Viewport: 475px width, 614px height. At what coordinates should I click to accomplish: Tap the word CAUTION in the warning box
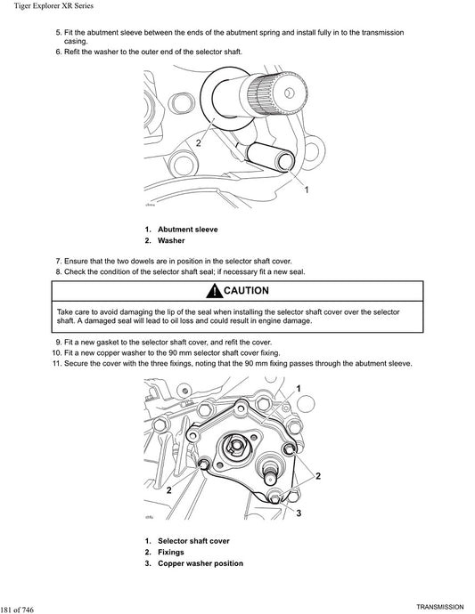click(245, 292)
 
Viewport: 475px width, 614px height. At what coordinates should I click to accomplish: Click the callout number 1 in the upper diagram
click(307, 190)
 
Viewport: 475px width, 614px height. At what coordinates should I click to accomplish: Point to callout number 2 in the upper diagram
click(198, 141)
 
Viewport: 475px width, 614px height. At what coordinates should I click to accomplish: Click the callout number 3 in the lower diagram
click(299, 513)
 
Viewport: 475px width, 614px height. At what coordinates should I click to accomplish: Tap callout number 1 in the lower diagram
click(298, 387)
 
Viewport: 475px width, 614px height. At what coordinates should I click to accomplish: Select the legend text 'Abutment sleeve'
click(187, 229)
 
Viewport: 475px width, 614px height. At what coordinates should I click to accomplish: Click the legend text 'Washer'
click(171, 241)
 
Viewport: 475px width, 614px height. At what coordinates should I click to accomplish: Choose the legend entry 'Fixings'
click(172, 553)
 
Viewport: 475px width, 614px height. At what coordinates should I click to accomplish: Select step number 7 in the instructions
click(58, 262)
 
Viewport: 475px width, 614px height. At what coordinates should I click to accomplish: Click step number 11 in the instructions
click(55, 363)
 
